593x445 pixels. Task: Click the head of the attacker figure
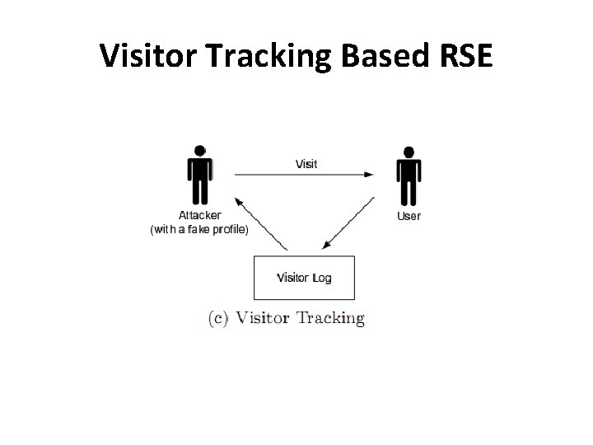click(199, 152)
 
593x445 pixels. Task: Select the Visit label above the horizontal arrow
click(306, 163)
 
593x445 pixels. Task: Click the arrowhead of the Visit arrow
click(369, 174)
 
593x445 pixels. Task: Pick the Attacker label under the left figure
click(200, 215)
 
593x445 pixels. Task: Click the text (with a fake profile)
click(198, 229)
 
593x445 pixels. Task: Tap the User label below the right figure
click(409, 216)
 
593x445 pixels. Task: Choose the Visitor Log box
click(304, 278)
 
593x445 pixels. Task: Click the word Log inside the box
click(322, 278)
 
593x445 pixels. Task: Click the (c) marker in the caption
click(218, 318)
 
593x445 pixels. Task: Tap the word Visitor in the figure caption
click(262, 318)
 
